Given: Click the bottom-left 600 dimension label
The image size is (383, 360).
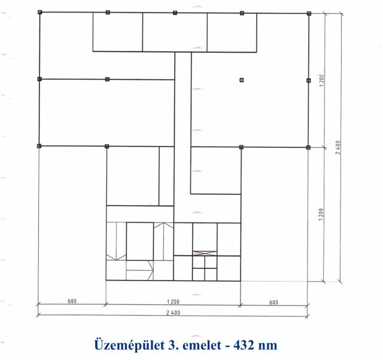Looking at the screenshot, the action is pos(72,301).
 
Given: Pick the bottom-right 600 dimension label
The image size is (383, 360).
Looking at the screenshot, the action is pos(273,302).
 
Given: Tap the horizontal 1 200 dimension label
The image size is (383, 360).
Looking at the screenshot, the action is pos(173,301).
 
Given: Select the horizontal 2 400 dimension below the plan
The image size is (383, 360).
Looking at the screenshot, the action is pos(173,312).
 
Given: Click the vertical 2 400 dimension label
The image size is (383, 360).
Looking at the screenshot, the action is pos(338,147).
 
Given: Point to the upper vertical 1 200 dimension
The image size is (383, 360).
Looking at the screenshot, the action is pos(321,80).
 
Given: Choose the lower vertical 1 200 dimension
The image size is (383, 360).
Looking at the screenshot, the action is pos(321,214).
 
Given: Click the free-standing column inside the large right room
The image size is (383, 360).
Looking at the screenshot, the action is pos(242,80).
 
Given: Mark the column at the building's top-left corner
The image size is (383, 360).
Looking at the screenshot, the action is pos(40,12).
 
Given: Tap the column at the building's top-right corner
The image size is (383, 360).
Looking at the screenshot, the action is pos(309,13).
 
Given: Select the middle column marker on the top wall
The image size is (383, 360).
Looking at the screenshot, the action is pos(175,13).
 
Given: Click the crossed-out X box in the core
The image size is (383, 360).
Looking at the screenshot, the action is pos(205,254).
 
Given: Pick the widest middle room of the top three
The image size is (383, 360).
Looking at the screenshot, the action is pos(175,32).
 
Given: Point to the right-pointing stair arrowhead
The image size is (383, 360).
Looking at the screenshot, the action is pos(150,270).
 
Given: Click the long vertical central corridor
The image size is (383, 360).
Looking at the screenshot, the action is pos(183,137).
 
